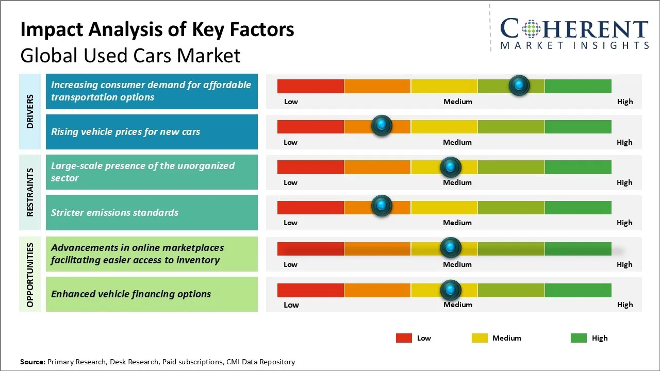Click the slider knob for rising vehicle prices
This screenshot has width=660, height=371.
click(x=382, y=125)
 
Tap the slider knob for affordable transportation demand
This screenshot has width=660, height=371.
click(x=519, y=85)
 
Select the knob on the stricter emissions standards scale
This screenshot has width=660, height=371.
click(x=382, y=206)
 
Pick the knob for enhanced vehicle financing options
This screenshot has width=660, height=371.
click(x=451, y=290)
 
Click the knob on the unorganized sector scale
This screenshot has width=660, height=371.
click(x=451, y=167)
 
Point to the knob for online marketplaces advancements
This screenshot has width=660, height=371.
click(x=451, y=248)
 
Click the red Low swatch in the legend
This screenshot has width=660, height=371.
click(x=404, y=338)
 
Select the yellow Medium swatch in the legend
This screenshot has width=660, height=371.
click(x=480, y=338)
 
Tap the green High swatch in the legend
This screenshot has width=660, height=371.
click(x=579, y=338)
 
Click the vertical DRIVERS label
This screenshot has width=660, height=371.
click(x=30, y=111)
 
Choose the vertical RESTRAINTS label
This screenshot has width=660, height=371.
click(x=30, y=192)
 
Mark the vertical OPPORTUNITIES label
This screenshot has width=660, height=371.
click(x=30, y=275)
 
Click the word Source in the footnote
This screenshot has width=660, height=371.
click(x=32, y=362)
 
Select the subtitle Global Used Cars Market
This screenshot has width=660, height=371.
click(x=130, y=55)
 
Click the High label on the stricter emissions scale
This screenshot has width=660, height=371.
click(x=624, y=223)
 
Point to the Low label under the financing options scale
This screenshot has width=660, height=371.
click(x=291, y=305)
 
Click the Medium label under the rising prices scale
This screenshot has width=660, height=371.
click(x=457, y=142)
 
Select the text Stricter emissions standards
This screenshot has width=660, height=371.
click(x=114, y=212)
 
